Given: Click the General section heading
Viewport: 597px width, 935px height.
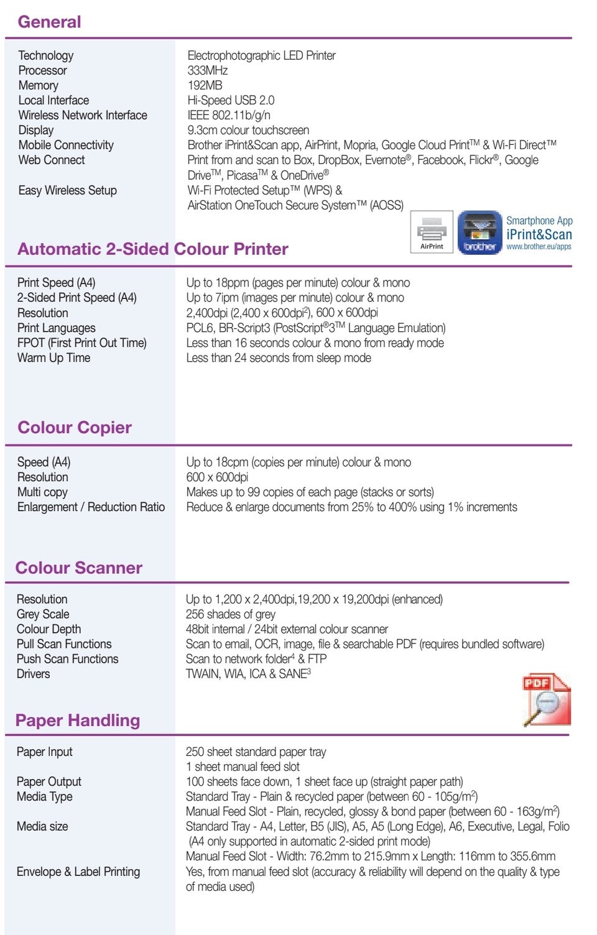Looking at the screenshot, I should (x=49, y=22).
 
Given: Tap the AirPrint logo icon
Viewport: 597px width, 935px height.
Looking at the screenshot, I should (x=432, y=233).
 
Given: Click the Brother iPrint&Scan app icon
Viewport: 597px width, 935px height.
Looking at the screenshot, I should (x=479, y=233).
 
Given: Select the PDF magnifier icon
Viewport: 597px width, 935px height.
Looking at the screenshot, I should (x=546, y=699).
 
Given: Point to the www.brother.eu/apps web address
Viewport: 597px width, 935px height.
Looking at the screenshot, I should (x=539, y=247).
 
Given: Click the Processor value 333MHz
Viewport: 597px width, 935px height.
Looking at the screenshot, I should (x=208, y=70).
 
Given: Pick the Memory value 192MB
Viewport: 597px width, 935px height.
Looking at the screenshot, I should (x=205, y=85).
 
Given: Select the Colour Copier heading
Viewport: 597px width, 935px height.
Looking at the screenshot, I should (x=75, y=428).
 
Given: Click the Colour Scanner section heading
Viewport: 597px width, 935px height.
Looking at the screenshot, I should (x=79, y=568).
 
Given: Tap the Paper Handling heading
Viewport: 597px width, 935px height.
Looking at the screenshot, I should (x=78, y=720).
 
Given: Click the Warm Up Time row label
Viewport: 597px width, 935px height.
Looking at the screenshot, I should (x=53, y=357).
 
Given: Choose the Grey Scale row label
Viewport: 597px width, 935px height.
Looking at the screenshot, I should (x=43, y=614).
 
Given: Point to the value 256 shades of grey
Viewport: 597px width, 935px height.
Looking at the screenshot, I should (x=230, y=614).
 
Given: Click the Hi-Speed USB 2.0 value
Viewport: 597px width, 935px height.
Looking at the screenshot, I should (x=231, y=100).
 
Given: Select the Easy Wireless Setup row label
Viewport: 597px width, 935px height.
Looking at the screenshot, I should (x=67, y=190).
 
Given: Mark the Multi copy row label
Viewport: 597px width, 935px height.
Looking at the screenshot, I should (x=42, y=492).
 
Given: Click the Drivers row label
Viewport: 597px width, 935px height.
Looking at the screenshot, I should (x=33, y=674).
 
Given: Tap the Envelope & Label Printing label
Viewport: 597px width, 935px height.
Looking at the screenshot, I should (x=78, y=872).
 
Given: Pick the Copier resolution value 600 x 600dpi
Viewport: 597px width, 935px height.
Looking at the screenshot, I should (x=217, y=477).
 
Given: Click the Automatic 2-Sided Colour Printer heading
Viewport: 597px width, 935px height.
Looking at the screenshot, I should (x=153, y=249).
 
